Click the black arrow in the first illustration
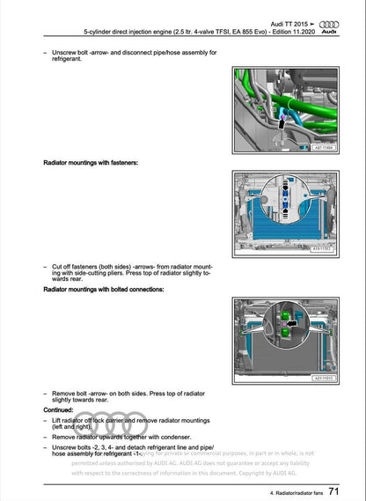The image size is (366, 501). coord(281,126)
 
